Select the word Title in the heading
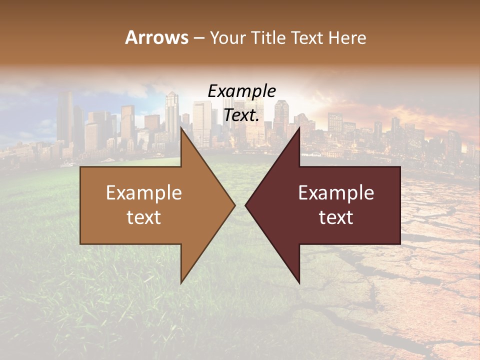[268, 38]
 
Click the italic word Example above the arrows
[242, 92]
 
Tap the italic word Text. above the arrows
[242, 115]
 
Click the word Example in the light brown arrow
[144, 193]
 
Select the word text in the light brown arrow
[144, 217]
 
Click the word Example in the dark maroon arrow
[336, 193]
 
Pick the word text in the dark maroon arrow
[336, 217]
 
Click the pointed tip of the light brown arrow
[234, 205]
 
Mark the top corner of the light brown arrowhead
[181, 128]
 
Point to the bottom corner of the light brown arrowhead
[181, 282]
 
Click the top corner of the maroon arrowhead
[299, 128]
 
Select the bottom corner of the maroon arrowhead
[299, 282]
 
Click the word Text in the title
[308, 38]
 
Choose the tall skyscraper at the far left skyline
[65, 120]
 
